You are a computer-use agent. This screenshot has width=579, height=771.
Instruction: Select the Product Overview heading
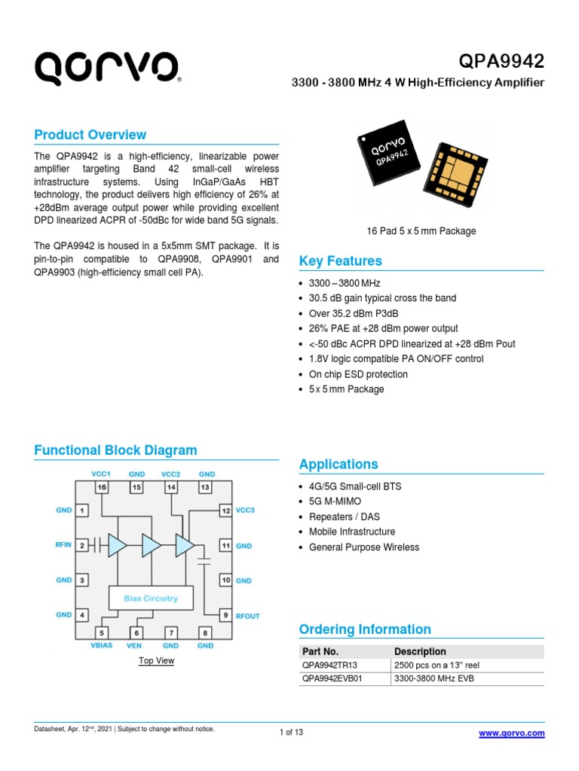[90, 135]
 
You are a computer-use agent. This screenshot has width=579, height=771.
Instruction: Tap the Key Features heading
[341, 261]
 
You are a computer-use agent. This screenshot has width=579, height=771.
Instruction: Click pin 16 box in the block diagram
[101, 488]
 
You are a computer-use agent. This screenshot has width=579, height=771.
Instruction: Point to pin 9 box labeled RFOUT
[225, 615]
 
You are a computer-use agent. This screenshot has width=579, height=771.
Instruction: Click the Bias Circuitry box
[152, 598]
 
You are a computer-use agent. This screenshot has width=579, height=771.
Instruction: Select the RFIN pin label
[63, 545]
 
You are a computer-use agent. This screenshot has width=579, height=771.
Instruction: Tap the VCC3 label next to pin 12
[246, 510]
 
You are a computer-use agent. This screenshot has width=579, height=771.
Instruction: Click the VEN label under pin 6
[135, 646]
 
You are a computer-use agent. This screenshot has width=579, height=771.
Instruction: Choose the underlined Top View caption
[156, 661]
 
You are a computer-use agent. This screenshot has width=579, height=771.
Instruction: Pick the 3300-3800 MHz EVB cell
[433, 679]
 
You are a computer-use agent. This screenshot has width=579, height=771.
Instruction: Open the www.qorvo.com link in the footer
[511, 733]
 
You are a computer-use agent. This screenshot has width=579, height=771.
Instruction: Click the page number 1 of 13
[291, 733]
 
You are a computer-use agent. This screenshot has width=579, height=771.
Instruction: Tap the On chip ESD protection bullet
[358, 374]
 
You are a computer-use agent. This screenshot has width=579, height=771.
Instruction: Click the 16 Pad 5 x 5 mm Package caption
[421, 231]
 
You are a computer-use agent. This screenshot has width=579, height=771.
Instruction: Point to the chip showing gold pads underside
[457, 172]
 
